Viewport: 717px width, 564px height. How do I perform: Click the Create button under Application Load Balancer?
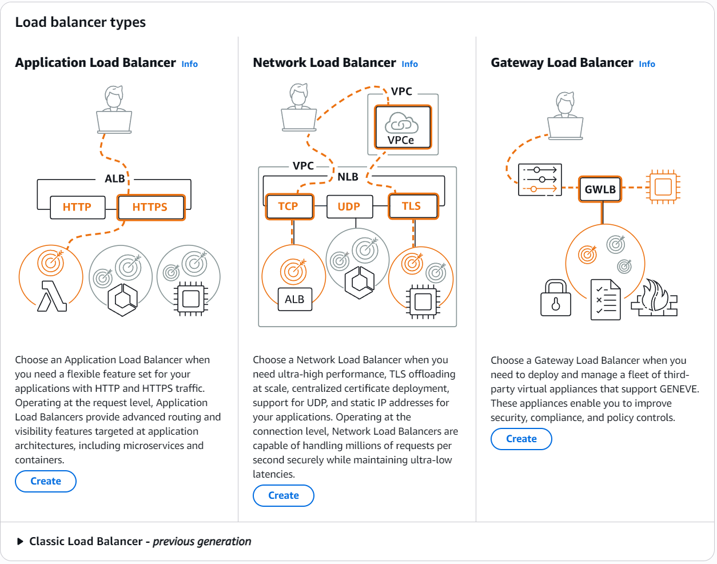46,481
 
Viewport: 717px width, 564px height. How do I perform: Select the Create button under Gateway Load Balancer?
521,439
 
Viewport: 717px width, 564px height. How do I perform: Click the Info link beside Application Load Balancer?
189,64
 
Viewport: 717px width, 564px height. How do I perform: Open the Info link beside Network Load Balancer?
409,64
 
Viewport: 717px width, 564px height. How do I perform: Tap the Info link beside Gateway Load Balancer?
647,64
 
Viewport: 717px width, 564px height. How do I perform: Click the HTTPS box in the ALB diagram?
150,207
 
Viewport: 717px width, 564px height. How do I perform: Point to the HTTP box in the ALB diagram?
77,207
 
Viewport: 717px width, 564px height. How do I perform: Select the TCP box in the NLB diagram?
289,206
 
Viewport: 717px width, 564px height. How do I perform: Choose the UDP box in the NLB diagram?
349,206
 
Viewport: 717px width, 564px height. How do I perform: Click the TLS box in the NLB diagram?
412,206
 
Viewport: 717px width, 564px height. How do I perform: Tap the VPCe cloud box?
402,128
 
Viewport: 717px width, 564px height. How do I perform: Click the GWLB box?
600,189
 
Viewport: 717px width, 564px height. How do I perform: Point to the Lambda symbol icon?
52,296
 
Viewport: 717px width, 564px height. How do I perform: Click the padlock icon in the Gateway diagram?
556,298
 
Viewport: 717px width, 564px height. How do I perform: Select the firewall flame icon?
655,298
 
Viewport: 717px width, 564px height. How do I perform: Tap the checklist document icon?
606,299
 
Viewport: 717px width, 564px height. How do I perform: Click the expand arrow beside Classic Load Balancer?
21,542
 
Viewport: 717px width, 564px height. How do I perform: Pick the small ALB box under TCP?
294,299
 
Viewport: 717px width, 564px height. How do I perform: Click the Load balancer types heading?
81,22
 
